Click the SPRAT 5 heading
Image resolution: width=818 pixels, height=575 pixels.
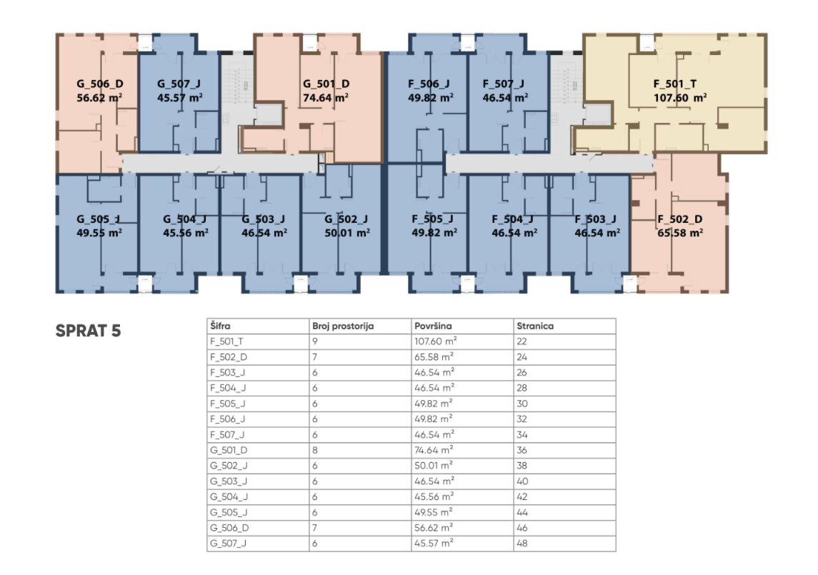click(x=88, y=331)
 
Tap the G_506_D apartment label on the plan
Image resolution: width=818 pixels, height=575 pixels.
click(x=99, y=84)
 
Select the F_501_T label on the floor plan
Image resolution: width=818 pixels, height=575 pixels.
click(x=674, y=84)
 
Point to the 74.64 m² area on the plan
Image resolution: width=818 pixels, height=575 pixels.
click(x=326, y=98)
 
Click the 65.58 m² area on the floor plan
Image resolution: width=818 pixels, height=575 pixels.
click(x=679, y=233)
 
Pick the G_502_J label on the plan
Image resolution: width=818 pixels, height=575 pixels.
click(x=346, y=219)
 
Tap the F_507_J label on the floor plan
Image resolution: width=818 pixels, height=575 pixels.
click(x=503, y=84)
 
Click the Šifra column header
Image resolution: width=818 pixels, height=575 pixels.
click(x=220, y=326)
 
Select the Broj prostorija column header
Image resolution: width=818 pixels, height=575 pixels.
click(x=343, y=326)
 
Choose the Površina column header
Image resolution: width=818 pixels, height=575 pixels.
click(x=433, y=326)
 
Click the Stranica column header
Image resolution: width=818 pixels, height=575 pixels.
click(x=535, y=326)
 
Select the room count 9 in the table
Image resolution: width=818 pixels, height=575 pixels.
click(x=315, y=341)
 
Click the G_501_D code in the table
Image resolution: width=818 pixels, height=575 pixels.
click(x=229, y=450)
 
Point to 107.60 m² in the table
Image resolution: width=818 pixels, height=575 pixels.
click(x=436, y=341)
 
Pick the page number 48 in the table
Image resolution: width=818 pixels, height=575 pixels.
click(x=522, y=543)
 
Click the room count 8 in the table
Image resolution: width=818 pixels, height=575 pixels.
click(x=315, y=450)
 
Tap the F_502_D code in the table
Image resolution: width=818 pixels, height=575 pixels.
click(x=229, y=357)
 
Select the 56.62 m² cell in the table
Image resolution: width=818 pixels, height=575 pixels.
click(x=434, y=528)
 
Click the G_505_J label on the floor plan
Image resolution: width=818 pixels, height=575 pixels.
click(x=99, y=219)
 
